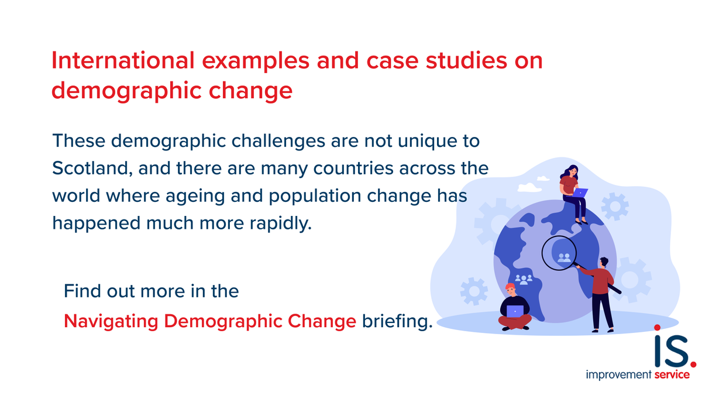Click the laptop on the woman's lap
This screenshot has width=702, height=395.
[580, 192]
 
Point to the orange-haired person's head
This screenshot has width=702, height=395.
[510, 290]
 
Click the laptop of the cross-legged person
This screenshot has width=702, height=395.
[515, 311]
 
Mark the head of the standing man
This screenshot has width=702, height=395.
[604, 262]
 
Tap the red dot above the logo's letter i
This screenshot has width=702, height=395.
[657, 328]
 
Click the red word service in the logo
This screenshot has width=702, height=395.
[672, 375]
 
